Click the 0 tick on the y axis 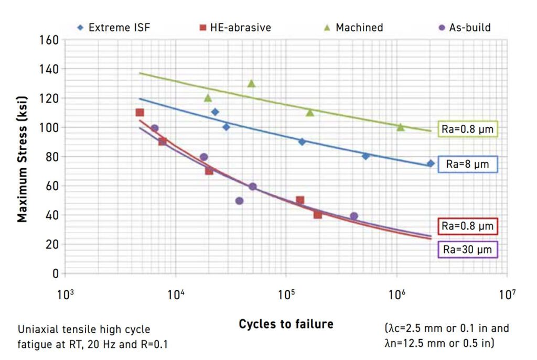[55, 274]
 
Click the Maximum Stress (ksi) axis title [22, 157]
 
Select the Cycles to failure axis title [286, 324]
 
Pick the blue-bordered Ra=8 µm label [467, 165]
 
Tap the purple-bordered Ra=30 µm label [467, 249]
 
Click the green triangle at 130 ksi [252, 83]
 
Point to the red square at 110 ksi [139, 113]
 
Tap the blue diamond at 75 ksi [431, 163]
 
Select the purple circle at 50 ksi [239, 201]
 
